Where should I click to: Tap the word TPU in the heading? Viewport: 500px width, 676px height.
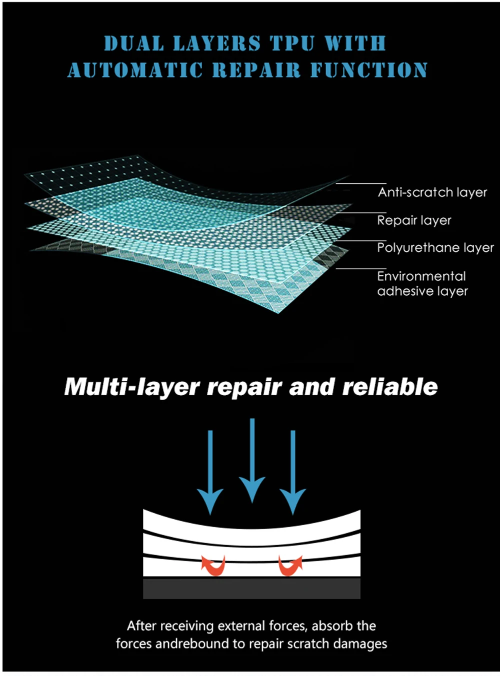point(291,43)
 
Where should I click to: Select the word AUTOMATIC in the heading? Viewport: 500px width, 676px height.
point(135,70)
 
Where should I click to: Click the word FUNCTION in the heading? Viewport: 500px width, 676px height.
point(368,70)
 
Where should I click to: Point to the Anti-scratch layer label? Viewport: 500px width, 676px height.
point(432,192)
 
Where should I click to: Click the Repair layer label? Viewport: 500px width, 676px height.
point(414,220)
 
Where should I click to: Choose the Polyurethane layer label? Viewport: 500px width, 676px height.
point(435,248)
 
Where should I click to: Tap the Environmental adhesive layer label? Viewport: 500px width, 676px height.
point(422,283)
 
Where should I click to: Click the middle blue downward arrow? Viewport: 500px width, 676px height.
point(252,460)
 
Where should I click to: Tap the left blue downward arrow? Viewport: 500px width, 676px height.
point(210,472)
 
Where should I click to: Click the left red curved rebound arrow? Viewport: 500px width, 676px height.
point(213,566)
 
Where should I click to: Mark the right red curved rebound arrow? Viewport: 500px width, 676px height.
point(290,566)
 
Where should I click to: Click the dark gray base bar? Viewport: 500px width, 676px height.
point(251,589)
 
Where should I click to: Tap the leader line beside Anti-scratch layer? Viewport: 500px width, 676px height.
point(361,184)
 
